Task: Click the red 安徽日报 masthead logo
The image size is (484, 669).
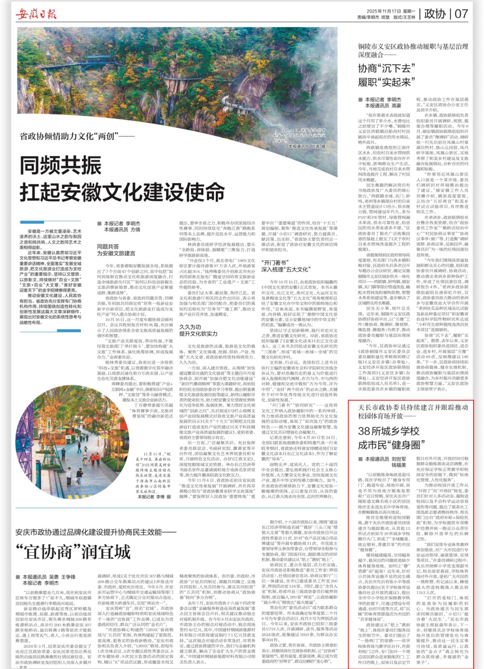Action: click(36, 14)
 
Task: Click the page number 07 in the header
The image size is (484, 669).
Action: click(461, 14)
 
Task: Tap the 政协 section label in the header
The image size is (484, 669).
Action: click(434, 14)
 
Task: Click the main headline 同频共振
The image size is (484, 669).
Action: click(61, 165)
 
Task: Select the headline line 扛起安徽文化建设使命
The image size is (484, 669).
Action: click(122, 192)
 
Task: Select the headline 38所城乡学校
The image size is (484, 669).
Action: click(388, 431)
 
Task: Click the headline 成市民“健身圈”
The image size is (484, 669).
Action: click(391, 445)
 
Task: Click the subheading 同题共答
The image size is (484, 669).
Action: click(108, 247)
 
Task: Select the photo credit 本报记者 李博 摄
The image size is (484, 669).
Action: click(154, 497)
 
